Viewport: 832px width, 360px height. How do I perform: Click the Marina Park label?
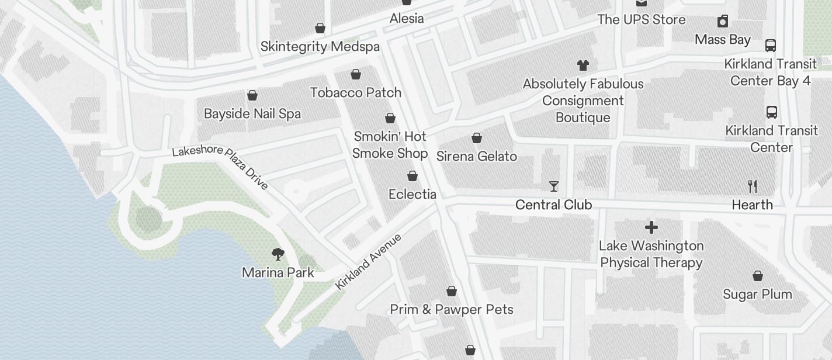coord(278,272)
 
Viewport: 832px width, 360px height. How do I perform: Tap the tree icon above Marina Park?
coord(278,254)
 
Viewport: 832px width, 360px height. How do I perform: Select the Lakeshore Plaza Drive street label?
coord(220,165)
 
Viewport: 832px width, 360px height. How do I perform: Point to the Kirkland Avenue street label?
coord(369,261)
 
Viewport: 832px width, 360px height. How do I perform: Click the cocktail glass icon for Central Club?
coord(554,186)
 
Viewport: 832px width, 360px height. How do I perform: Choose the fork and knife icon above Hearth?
coord(753,186)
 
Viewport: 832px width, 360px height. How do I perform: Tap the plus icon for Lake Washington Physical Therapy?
coord(651,227)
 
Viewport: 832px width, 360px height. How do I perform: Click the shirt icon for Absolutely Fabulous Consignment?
coord(583,65)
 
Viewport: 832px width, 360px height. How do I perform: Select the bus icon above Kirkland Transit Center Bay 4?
coord(771,46)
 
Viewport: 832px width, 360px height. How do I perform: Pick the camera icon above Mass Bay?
coord(723,22)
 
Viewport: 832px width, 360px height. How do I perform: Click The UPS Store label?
coord(642,19)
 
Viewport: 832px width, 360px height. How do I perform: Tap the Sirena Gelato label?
coord(477,156)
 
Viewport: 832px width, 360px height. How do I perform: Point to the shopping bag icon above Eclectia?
coord(412,176)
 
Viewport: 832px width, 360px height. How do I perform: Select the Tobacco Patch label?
coord(356,92)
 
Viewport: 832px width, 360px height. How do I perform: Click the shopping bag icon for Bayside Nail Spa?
coord(252,95)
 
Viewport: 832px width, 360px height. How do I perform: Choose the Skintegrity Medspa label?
coord(320,46)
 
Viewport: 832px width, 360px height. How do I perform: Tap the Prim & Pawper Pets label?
coord(452,309)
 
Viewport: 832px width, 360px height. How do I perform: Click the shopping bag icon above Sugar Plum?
coord(758,276)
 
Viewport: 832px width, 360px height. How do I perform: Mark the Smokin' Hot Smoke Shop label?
coord(390,144)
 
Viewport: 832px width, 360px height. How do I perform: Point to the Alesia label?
coord(407,18)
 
